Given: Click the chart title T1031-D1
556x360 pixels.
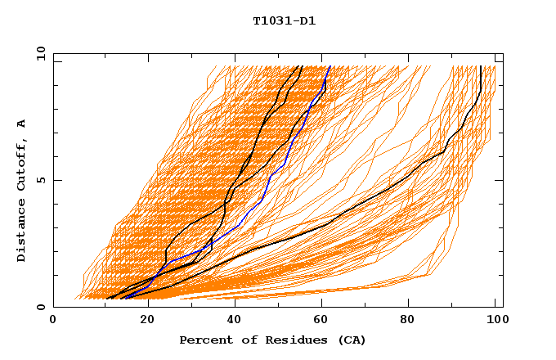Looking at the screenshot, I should (x=284, y=20).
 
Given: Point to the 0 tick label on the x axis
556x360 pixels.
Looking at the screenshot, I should (x=53, y=320).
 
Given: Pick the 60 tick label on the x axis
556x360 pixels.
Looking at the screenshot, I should (x=324, y=320).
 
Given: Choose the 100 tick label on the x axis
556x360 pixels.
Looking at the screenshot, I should (x=495, y=320).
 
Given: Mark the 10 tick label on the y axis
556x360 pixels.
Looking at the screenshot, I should (x=40, y=53).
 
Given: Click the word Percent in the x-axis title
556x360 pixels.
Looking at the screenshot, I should (x=203, y=340).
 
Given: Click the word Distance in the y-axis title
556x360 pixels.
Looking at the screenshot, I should (x=21, y=231).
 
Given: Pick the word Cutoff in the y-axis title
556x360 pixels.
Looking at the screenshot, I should (x=21, y=165).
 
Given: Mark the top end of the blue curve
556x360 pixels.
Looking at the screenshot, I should (x=330, y=67).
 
